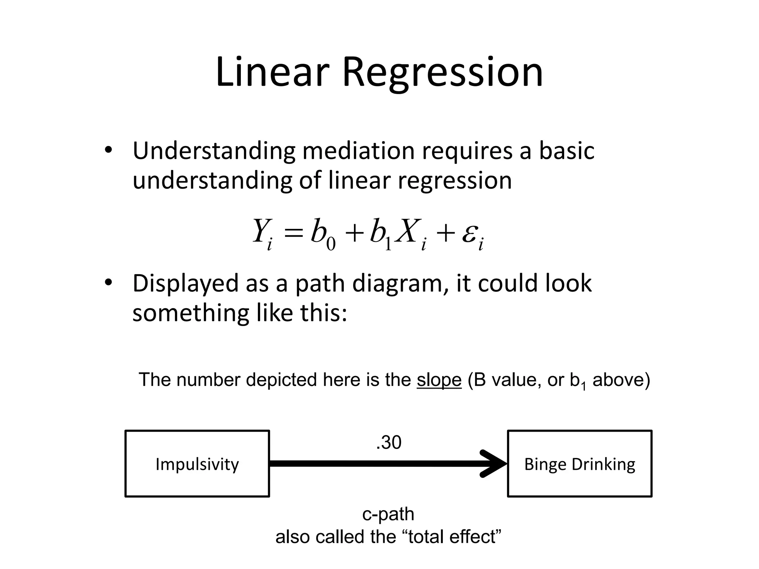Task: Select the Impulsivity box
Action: pyautogui.click(x=197, y=463)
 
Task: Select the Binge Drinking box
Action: pyautogui.click(x=580, y=463)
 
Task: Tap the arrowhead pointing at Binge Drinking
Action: pyautogui.click(x=495, y=463)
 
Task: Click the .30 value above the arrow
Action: pyautogui.click(x=388, y=443)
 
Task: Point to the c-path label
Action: pyautogui.click(x=388, y=514)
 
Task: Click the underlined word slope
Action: pyautogui.click(x=439, y=380)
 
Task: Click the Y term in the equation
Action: pyautogui.click(x=261, y=232)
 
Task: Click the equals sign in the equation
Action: pyautogui.click(x=292, y=234)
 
